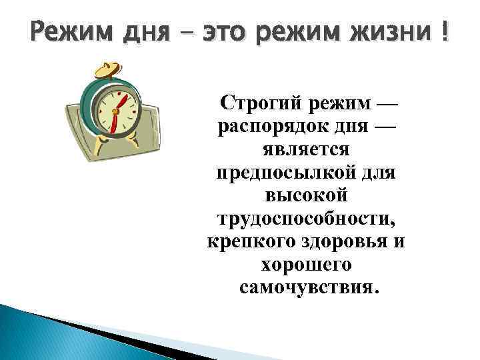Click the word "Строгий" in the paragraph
click(x=261, y=103)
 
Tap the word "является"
click(x=306, y=149)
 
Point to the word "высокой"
click(x=306, y=195)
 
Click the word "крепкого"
click(x=244, y=241)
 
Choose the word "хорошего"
click(x=306, y=265)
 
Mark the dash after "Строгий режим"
click(x=385, y=105)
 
